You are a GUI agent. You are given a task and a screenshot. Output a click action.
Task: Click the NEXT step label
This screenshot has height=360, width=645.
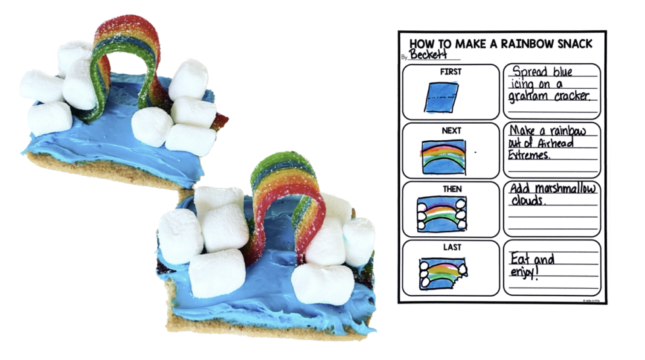[451, 130]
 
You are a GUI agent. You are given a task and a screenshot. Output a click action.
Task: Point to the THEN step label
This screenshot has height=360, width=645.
[451, 189]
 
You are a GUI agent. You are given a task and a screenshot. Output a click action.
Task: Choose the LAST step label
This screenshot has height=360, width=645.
[451, 247]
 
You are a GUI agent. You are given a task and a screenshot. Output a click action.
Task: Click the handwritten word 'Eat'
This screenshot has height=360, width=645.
[522, 259]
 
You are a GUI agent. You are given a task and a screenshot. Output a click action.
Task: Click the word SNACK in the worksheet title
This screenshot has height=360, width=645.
[573, 43]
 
